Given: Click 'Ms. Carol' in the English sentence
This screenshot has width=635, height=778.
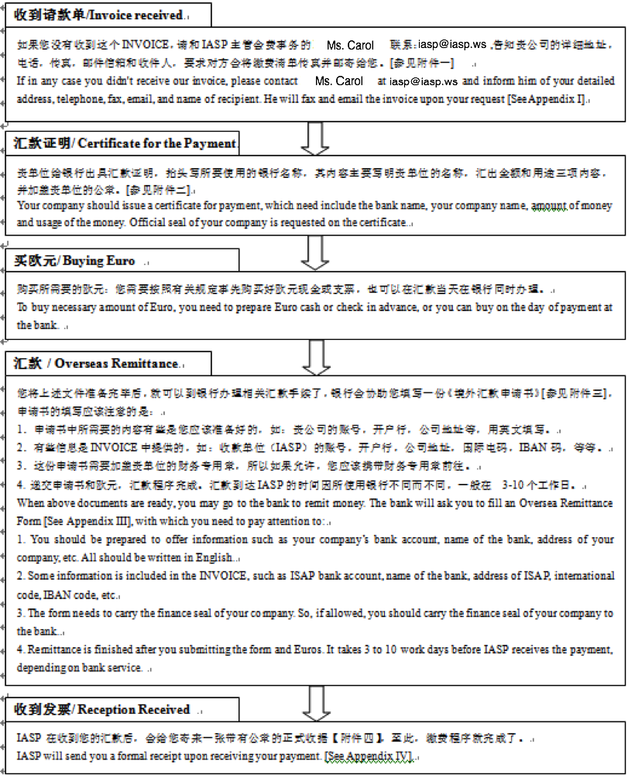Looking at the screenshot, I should point(339,81).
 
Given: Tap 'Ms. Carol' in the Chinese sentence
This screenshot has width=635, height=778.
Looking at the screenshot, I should point(350,46).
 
